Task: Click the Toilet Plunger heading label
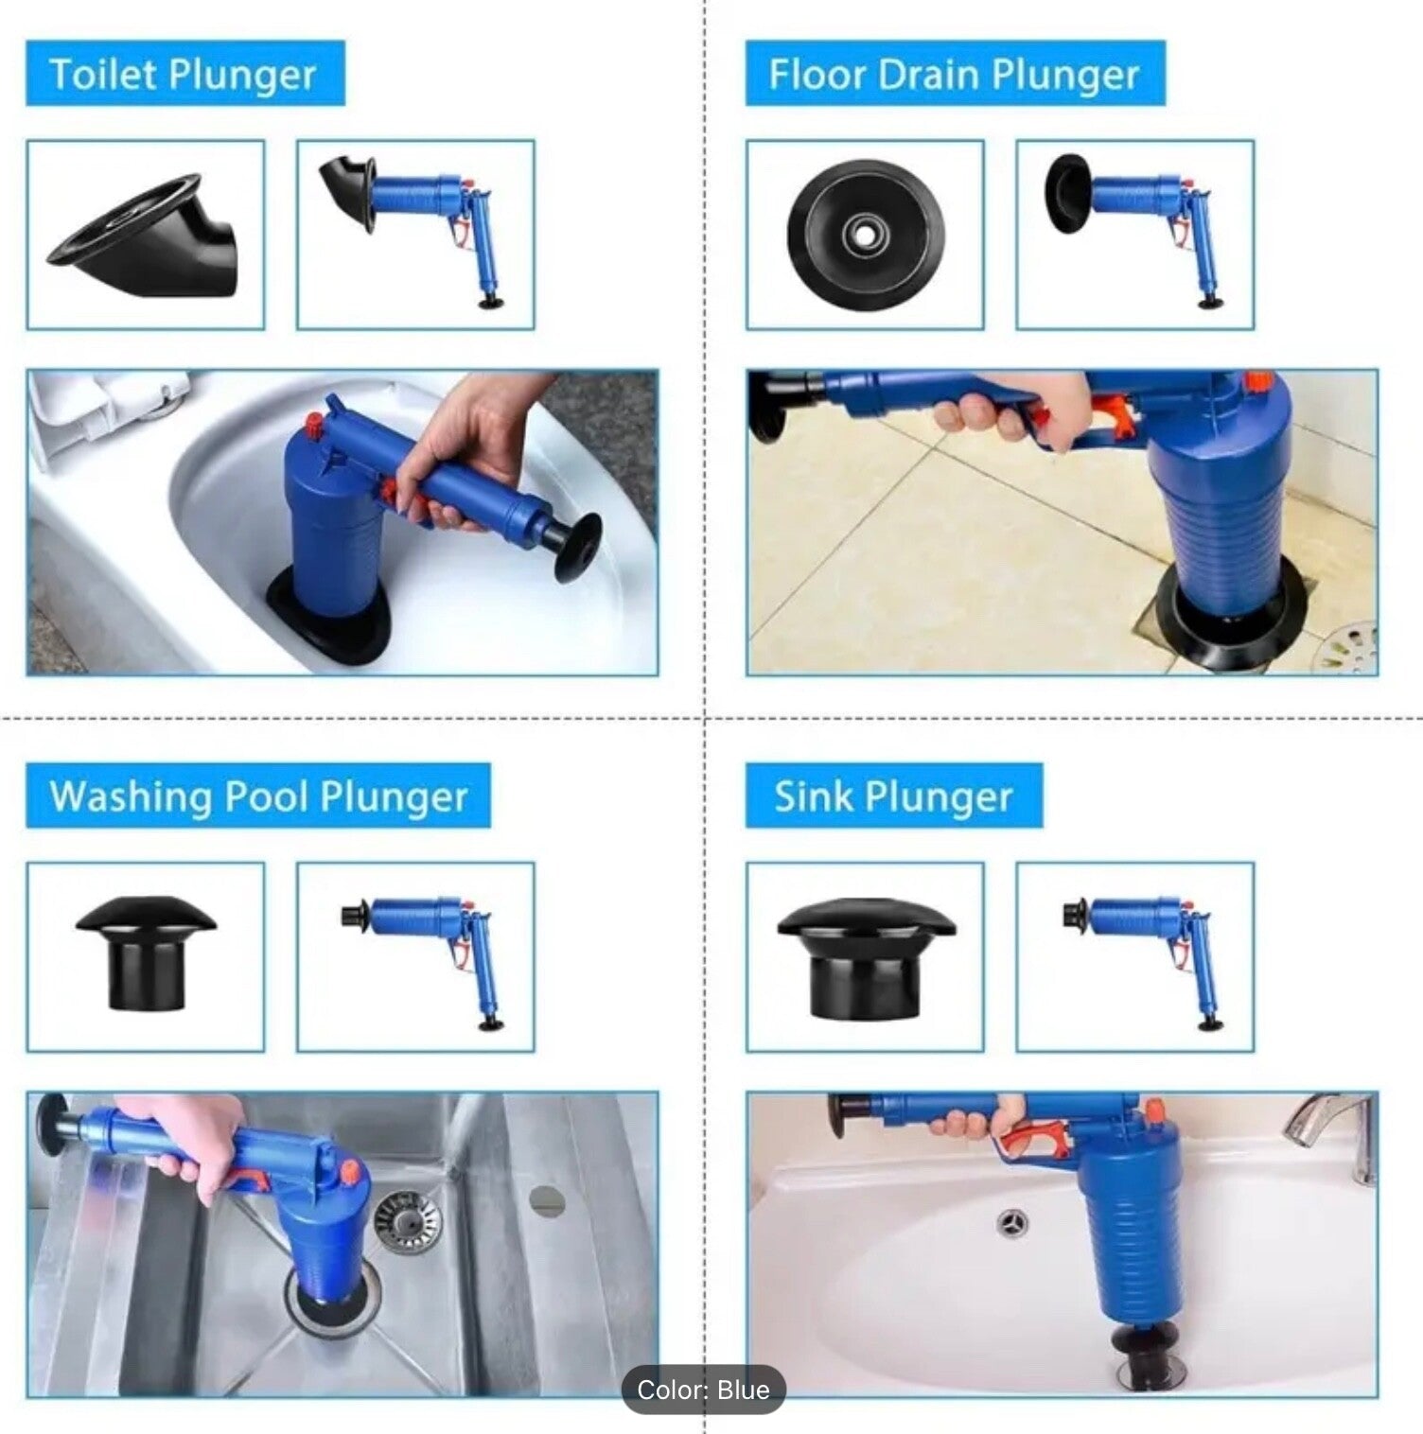point(185,73)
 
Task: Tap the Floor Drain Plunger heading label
point(955,73)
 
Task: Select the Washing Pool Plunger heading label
point(258,796)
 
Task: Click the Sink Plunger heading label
point(894,796)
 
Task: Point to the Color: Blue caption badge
point(703,1390)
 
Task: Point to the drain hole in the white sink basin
point(1013,1222)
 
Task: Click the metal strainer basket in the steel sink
point(408,1217)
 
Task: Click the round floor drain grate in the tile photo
point(1349,647)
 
